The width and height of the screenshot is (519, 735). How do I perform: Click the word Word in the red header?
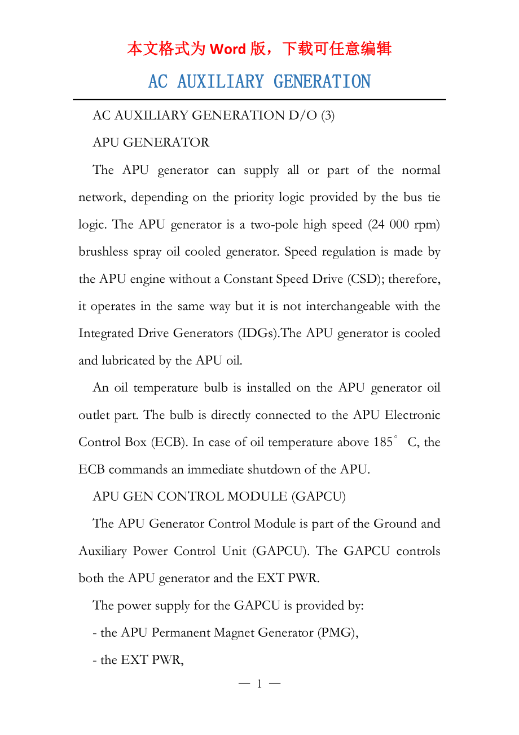(227, 49)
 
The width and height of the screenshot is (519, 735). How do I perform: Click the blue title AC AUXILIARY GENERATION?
(259, 82)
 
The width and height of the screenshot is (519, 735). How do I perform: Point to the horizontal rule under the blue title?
(259, 99)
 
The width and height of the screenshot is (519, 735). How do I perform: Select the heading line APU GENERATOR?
(151, 143)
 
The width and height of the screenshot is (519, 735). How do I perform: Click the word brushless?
(103, 252)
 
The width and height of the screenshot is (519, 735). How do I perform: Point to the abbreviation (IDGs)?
(259, 334)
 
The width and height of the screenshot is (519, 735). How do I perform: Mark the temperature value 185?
(382, 443)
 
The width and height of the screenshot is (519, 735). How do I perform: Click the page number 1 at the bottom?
(259, 684)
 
